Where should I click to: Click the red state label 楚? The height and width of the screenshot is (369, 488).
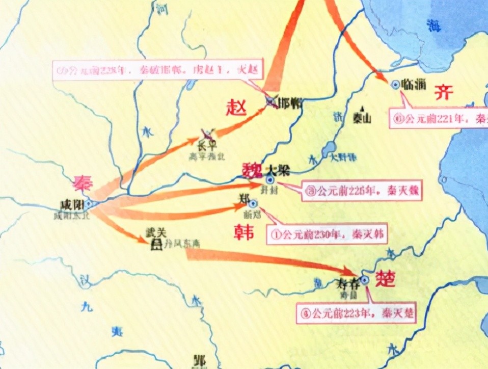point(385,278)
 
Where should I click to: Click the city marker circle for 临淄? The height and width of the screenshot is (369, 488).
point(395,85)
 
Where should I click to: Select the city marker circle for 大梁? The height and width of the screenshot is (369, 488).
point(270,180)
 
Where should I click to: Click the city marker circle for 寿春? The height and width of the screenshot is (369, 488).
point(365,279)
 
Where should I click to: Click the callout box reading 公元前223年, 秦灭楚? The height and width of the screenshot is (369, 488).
point(357,312)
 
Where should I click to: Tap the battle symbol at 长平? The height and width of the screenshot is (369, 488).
point(208,134)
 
